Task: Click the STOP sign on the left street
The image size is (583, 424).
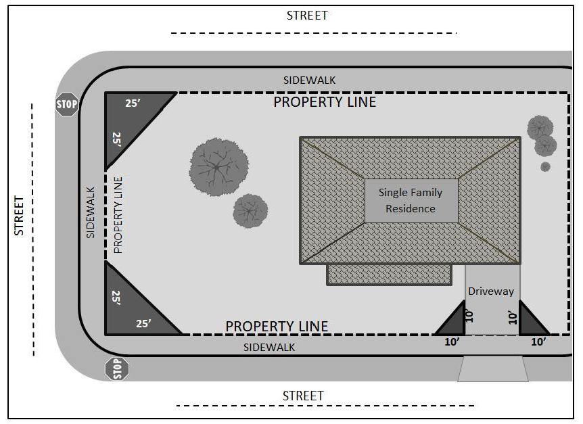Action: (68, 104)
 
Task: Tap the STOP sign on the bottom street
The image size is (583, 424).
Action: (117, 369)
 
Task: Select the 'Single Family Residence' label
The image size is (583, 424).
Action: (411, 201)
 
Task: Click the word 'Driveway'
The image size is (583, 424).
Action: (491, 291)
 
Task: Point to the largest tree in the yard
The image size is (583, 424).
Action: (219, 167)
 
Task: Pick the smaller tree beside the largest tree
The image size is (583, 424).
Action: (250, 211)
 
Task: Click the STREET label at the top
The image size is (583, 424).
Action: (307, 16)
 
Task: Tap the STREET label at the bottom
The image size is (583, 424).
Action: (303, 396)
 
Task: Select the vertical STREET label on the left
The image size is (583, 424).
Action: (19, 216)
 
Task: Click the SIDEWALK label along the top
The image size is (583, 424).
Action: (309, 80)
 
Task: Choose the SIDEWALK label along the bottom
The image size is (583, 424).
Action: (269, 348)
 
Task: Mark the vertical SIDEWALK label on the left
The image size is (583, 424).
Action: (91, 212)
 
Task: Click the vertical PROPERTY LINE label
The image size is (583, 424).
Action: (118, 215)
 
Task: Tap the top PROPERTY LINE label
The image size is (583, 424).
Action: (325, 102)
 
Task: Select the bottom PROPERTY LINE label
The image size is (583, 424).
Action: (277, 326)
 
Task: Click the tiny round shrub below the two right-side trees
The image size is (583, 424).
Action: (545, 167)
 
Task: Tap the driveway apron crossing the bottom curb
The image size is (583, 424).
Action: (493, 369)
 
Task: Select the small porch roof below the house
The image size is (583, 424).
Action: (390, 275)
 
